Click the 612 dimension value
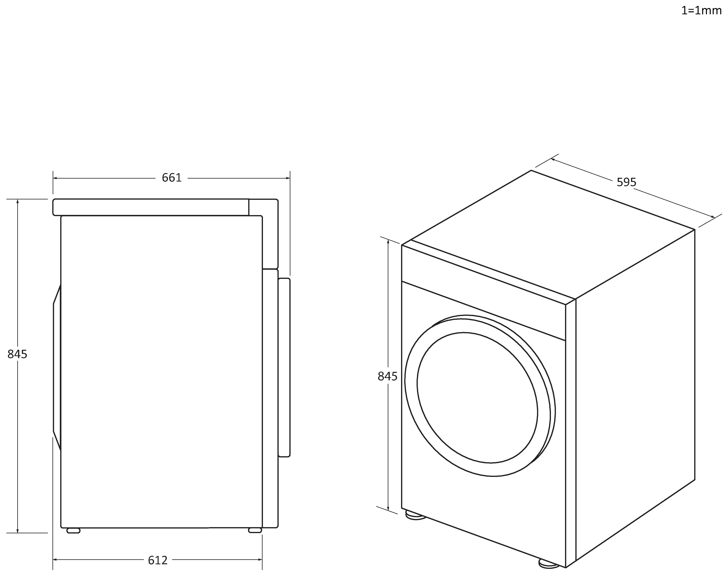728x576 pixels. [158, 560]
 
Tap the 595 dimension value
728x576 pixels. [626, 182]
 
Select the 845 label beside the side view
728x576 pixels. [17, 354]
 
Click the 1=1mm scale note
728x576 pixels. [701, 11]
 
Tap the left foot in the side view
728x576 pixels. [73, 531]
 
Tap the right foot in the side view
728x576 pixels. [255, 531]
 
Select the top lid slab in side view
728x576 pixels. [151, 207]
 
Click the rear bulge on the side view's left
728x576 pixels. [57, 368]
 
